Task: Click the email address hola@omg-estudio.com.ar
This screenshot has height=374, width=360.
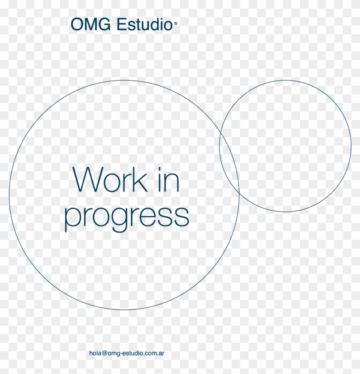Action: (127, 353)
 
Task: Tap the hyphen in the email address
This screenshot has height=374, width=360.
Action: (121, 354)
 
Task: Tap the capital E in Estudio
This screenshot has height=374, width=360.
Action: (121, 24)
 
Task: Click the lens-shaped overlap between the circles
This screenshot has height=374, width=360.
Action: (229, 161)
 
